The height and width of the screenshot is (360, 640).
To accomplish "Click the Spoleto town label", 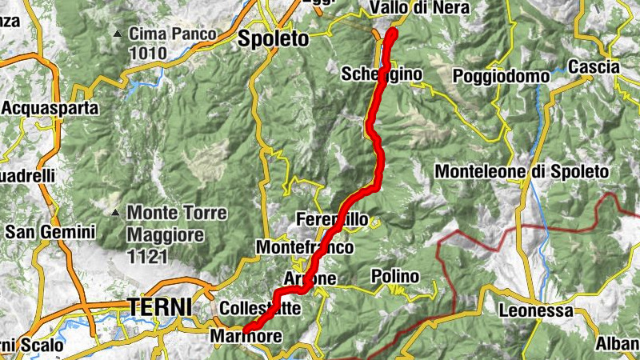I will [x=273, y=38].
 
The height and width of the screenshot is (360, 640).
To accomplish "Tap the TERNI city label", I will [x=160, y=306].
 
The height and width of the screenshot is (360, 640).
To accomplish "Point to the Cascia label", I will [x=594, y=67].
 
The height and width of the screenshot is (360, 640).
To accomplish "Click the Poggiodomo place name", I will [x=501, y=76].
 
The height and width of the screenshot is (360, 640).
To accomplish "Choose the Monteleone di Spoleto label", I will [x=522, y=171].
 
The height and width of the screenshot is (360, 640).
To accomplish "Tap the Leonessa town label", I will [x=536, y=310].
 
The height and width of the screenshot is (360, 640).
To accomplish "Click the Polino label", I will [x=395, y=276].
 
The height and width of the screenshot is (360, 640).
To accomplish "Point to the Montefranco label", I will [x=304, y=248].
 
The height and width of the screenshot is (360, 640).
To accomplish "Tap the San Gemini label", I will [x=50, y=232].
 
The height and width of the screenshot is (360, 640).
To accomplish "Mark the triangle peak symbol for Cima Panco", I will [x=118, y=34].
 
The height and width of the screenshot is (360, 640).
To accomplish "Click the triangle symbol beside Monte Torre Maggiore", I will [x=117, y=214].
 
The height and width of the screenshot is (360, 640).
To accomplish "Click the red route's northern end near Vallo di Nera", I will [x=392, y=32].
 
